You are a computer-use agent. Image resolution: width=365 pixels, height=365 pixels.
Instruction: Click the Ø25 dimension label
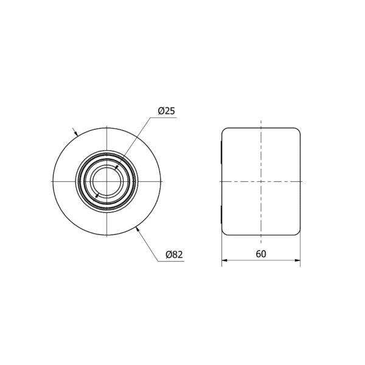pos(166,111)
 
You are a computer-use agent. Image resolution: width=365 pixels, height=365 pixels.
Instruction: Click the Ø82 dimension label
pos(174,254)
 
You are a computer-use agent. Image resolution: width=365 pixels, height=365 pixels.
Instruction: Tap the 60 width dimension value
pos(261,254)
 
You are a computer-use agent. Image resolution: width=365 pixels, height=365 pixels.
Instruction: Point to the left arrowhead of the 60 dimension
pos(224,260)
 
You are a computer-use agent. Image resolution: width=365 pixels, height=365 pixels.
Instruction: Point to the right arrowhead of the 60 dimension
pos(297,260)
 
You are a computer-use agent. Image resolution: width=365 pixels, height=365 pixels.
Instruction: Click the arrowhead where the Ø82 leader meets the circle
pos(137,229)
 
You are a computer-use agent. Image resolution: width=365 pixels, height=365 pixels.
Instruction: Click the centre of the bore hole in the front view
pos(107,181)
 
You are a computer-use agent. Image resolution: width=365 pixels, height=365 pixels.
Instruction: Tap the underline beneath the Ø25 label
pos(163,118)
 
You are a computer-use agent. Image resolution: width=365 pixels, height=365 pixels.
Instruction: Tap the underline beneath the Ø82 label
pos(171,261)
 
